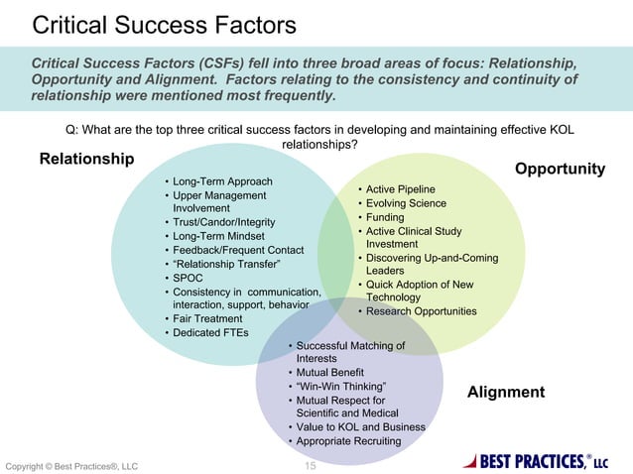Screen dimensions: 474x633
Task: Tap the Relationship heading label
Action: pyautogui.click(x=86, y=159)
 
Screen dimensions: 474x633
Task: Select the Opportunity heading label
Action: pyautogui.click(x=560, y=169)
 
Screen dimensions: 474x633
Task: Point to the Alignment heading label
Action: pyautogui.click(x=505, y=392)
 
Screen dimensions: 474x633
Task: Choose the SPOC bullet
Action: pyautogui.click(x=188, y=279)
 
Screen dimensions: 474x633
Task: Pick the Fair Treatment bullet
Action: pyautogui.click(x=207, y=318)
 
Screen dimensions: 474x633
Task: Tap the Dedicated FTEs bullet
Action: pyautogui.click(x=210, y=332)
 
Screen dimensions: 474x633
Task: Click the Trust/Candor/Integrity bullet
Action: pyautogui.click(x=224, y=223)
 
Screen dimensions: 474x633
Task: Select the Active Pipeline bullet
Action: pyautogui.click(x=400, y=188)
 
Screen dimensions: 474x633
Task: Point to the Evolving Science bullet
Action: pyautogui.click(x=406, y=203)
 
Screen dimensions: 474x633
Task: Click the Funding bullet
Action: pyautogui.click(x=385, y=217)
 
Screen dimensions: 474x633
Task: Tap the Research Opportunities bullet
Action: pyautogui.click(x=421, y=311)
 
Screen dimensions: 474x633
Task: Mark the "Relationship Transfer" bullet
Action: pyautogui.click(x=226, y=265)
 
